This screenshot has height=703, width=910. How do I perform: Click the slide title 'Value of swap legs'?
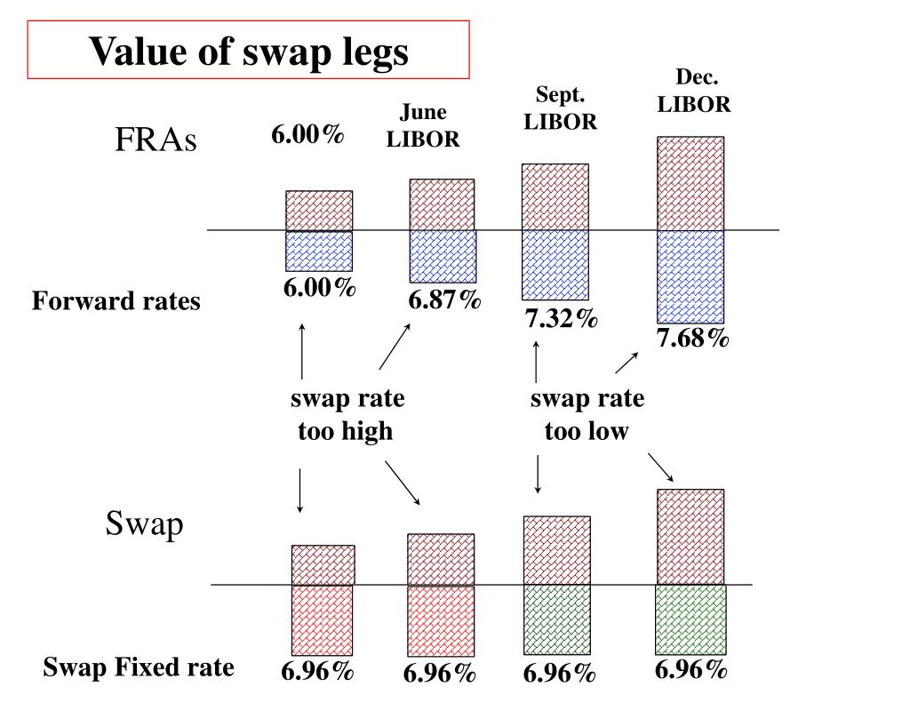click(x=248, y=51)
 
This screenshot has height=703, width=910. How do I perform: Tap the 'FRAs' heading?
click(x=155, y=140)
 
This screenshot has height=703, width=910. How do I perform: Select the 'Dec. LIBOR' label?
click(x=694, y=92)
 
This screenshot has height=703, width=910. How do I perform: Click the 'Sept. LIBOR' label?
click(x=560, y=108)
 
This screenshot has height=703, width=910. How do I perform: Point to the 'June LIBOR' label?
click(x=423, y=126)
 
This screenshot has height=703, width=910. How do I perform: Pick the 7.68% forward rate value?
click(x=693, y=338)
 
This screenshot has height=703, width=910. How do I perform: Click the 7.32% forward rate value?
click(x=561, y=318)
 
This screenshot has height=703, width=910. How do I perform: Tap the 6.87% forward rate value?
click(x=445, y=300)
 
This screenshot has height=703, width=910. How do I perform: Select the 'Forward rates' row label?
click(x=116, y=302)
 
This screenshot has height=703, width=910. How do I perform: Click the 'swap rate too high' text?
click(x=347, y=415)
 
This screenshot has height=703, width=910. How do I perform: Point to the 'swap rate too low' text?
click(x=587, y=415)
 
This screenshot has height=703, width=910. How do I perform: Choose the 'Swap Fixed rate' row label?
click(x=140, y=667)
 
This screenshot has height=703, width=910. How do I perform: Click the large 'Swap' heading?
click(x=145, y=523)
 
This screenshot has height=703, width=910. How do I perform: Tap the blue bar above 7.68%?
click(x=690, y=276)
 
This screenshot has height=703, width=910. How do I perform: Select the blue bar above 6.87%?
click(x=443, y=257)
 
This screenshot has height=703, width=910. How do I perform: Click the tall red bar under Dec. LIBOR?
click(x=690, y=183)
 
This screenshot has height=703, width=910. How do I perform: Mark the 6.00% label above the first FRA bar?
click(x=308, y=135)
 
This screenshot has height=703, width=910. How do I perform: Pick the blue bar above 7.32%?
click(x=555, y=265)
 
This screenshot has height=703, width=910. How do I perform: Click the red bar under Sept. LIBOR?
click(x=555, y=196)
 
